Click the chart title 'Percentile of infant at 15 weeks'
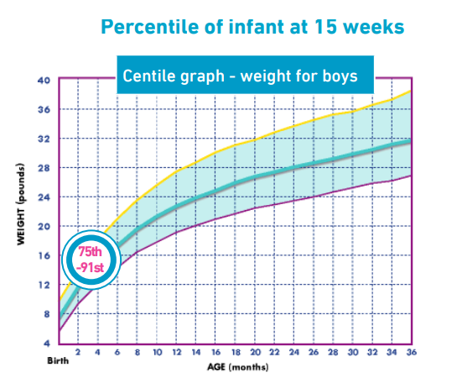click(252, 27)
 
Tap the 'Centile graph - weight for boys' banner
click(241, 76)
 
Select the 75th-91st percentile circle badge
click(86, 258)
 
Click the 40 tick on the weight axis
click(44, 81)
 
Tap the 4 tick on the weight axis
click(47, 344)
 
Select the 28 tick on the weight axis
click(44, 168)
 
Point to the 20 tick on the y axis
click(44, 227)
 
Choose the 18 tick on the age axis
click(236, 353)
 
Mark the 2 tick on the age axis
click(77, 353)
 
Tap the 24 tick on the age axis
click(294, 353)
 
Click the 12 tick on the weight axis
click(44, 286)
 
